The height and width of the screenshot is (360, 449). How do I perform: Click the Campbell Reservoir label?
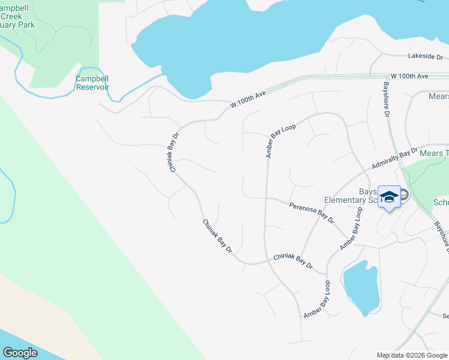click(92, 82)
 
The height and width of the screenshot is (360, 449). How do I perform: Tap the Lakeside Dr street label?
click(425, 56)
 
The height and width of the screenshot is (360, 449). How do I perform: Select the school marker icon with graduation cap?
click(389, 197)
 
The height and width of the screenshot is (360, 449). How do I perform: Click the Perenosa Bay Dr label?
click(312, 213)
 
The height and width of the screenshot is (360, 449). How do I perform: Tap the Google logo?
click(20, 353)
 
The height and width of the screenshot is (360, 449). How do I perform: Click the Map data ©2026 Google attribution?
click(412, 355)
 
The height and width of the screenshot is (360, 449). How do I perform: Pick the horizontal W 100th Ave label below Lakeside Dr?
click(409, 76)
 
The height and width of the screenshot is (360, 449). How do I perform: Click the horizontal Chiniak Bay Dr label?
click(293, 260)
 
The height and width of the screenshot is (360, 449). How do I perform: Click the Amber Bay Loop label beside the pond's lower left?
click(318, 299)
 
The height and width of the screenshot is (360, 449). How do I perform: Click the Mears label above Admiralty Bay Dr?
click(438, 96)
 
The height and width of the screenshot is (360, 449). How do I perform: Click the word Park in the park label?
click(26, 25)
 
